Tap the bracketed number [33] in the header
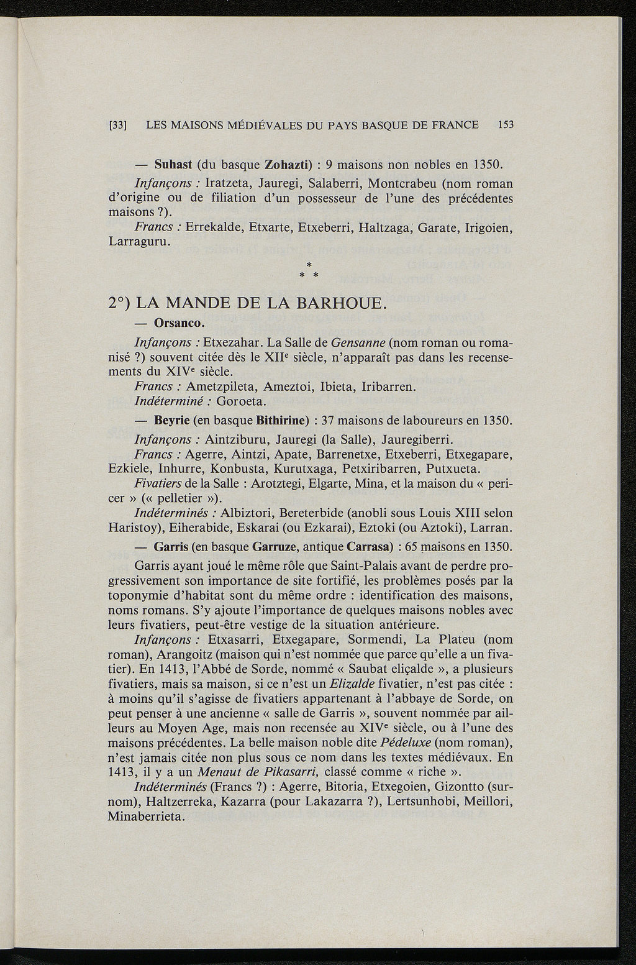(x=118, y=126)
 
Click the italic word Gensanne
(x=360, y=343)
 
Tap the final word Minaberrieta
(x=147, y=816)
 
